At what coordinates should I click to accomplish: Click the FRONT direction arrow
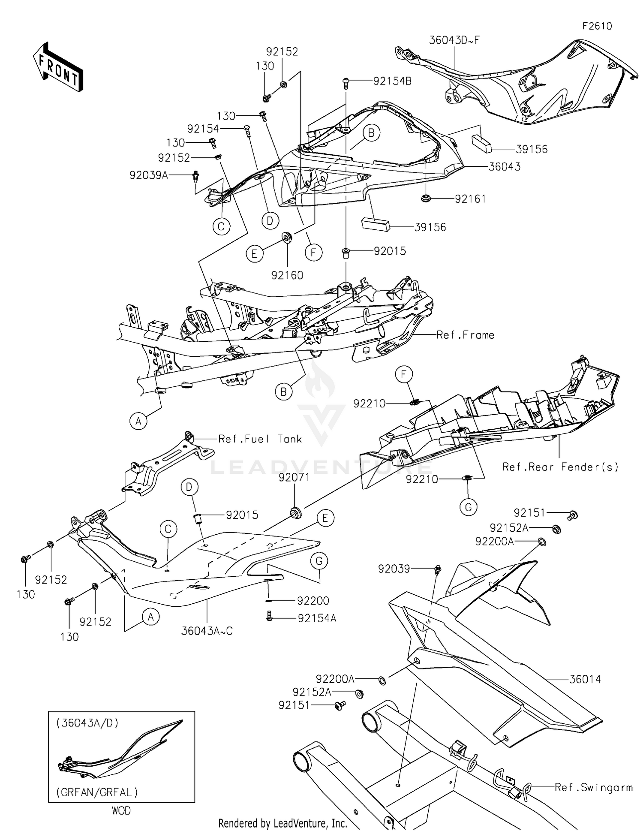(x=58, y=67)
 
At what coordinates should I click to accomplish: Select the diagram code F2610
(x=597, y=26)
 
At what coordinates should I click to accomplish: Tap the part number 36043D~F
(x=454, y=40)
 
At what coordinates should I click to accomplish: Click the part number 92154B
(x=392, y=81)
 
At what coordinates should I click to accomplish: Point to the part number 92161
(x=470, y=199)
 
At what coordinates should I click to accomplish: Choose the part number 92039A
(x=149, y=175)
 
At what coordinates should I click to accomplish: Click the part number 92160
(x=287, y=275)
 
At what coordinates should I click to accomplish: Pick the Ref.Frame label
(x=465, y=335)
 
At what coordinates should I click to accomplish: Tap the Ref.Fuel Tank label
(x=260, y=439)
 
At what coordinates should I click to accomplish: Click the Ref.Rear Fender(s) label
(x=560, y=467)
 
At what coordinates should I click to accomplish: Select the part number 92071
(x=294, y=478)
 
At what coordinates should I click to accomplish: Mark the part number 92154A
(x=317, y=618)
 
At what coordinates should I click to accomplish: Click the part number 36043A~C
(x=207, y=631)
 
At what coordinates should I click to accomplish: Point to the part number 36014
(x=585, y=679)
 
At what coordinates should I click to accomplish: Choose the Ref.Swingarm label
(x=594, y=787)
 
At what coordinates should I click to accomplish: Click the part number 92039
(x=394, y=569)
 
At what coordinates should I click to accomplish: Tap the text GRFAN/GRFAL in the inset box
(x=97, y=792)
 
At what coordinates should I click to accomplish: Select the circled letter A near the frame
(x=138, y=422)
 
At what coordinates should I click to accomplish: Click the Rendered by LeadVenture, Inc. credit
(x=283, y=823)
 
